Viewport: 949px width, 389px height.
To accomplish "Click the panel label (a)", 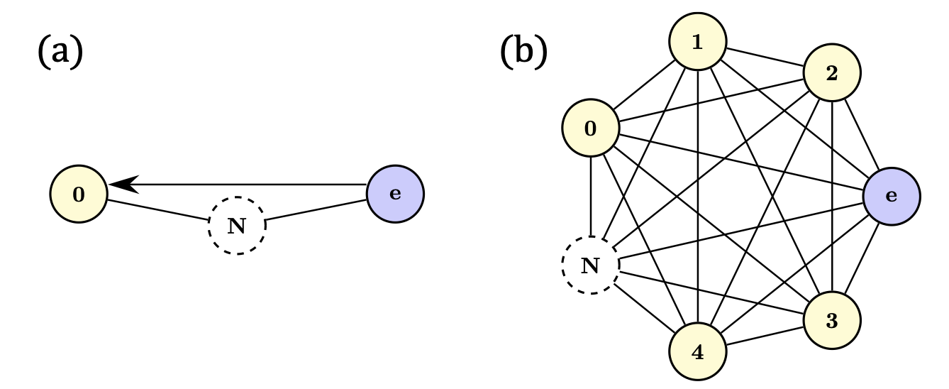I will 60,53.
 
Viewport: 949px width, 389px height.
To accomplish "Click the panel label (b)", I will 523,53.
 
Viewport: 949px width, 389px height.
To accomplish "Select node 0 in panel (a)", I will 79,194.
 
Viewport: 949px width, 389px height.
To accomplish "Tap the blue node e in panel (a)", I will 395,194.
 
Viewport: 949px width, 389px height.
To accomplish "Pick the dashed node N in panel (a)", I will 237,226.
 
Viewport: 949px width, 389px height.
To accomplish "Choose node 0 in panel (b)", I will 590,128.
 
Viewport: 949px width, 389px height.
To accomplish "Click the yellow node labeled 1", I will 698,43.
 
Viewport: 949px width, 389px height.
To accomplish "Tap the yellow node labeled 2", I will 832,73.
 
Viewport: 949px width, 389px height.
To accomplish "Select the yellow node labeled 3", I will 832,321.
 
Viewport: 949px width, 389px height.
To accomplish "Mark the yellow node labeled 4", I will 698,352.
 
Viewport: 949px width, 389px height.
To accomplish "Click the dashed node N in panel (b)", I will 590,265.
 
